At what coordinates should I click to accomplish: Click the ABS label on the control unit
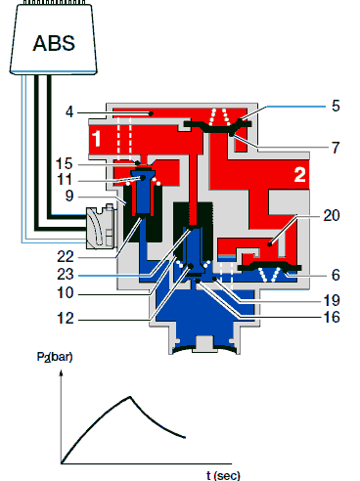click(54, 43)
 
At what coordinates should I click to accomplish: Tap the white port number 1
click(97, 139)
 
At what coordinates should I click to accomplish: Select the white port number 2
click(300, 174)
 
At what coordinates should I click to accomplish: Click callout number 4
click(69, 112)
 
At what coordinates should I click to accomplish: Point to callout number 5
click(336, 106)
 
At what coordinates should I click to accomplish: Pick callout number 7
click(336, 148)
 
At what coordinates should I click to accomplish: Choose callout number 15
click(64, 163)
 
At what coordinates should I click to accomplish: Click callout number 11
click(65, 180)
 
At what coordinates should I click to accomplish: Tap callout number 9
click(69, 196)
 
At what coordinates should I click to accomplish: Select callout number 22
click(66, 257)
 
